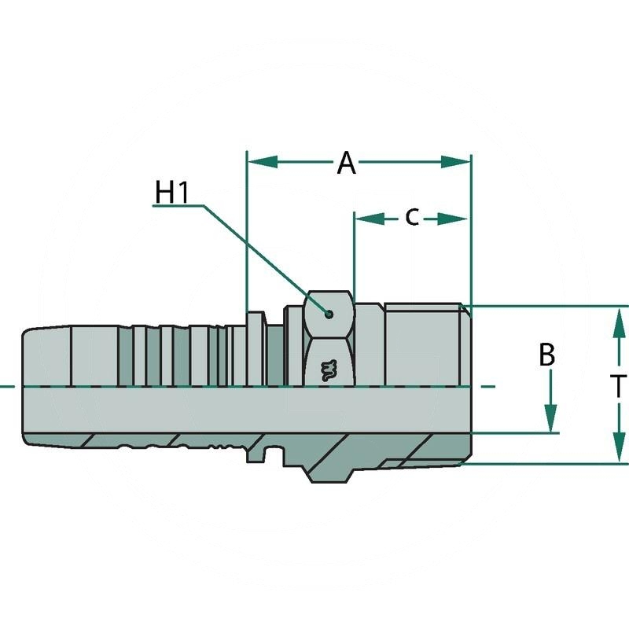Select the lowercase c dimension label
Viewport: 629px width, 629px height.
pyautogui.click(x=411, y=217)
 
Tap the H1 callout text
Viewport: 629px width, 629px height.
pyautogui.click(x=172, y=192)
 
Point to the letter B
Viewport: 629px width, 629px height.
pyautogui.click(x=547, y=355)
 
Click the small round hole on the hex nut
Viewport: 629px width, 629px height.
pyautogui.click(x=329, y=315)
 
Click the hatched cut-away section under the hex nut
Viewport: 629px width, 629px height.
pyautogui.click(x=330, y=460)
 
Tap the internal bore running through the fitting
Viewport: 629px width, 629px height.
pyautogui.click(x=236, y=409)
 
